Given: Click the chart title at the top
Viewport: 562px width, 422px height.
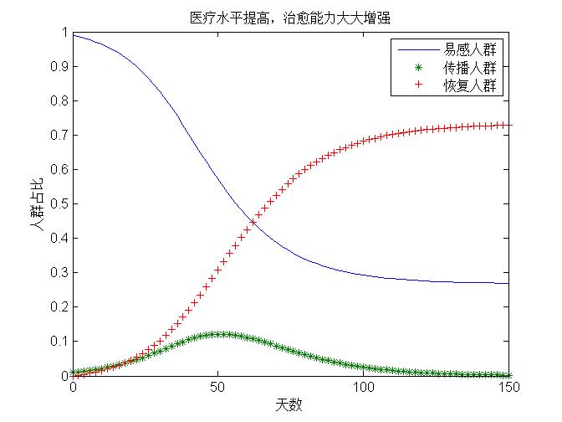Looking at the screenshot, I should coord(290,16).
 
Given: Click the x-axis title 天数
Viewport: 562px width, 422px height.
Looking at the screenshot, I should coord(290,405).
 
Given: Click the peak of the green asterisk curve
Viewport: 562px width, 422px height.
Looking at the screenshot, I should coord(218,334).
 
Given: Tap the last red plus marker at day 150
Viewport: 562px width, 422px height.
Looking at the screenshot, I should coord(508,125).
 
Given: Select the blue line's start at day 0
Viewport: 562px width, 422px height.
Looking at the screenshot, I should coord(74,35).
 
